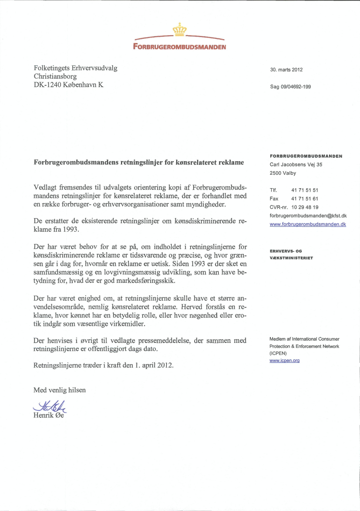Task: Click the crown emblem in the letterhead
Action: point(179,30)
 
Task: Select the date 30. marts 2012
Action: point(286,70)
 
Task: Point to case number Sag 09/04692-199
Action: point(290,87)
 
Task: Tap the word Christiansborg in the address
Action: point(55,76)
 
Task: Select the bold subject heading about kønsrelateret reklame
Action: point(139,162)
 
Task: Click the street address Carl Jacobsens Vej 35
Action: point(296,165)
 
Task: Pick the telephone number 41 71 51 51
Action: point(305,190)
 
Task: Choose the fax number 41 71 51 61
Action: point(305,199)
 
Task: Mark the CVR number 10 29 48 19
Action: point(305,207)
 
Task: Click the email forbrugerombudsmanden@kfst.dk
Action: point(308,216)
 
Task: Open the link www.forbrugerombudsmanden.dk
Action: point(308,224)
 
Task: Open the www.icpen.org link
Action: point(285,361)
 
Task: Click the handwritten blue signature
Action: point(49,406)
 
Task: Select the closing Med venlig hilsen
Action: point(60,390)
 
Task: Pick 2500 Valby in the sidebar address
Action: point(283,173)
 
